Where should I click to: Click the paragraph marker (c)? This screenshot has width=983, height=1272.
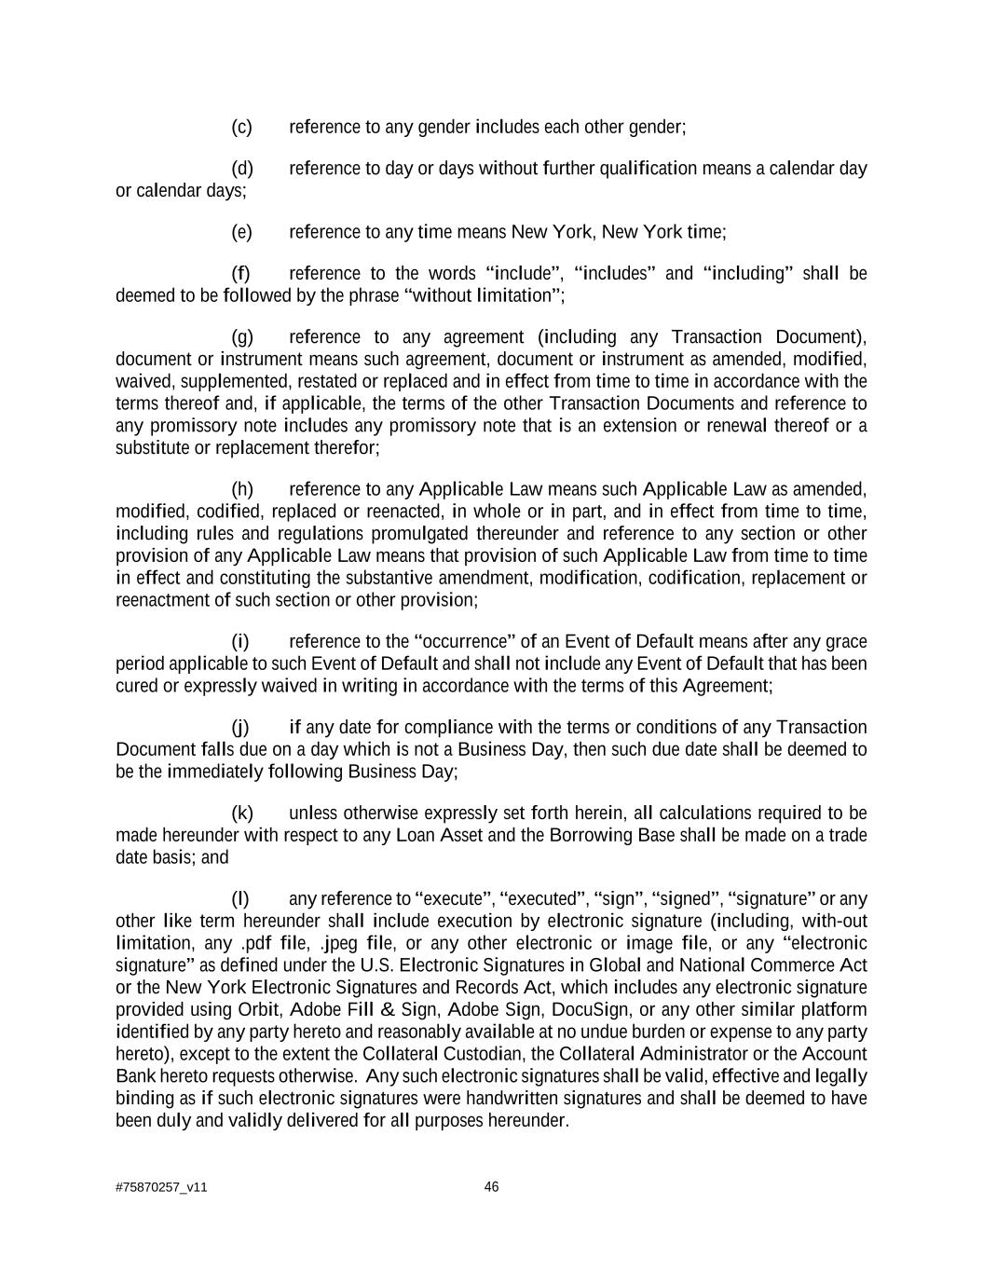241,127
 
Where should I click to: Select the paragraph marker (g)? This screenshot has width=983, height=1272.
242,337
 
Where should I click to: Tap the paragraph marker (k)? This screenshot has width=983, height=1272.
242,814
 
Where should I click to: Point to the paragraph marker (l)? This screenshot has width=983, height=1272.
240,899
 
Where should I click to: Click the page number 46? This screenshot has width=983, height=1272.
492,1187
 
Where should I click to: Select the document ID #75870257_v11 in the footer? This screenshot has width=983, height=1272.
161,1188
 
